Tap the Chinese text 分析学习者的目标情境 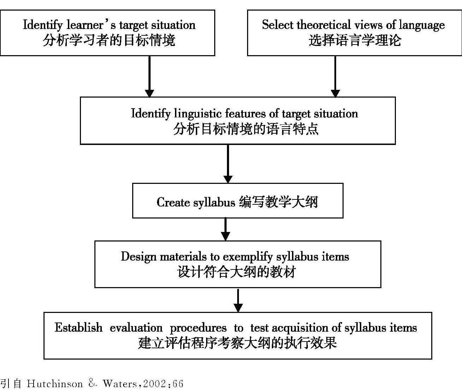click(109, 40)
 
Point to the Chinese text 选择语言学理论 click(355, 40)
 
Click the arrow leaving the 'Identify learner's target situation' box click(150, 76)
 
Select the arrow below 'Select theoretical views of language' click(335, 76)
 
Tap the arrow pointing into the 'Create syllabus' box click(228, 164)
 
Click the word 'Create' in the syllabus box click(173, 202)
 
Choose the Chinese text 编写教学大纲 click(278, 202)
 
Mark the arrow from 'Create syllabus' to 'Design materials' click(226, 229)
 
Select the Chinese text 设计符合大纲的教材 click(236, 272)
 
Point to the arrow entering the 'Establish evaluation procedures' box click(238, 300)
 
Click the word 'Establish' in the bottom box click(78, 328)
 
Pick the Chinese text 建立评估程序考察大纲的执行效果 click(237, 343)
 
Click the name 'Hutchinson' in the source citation click(55, 384)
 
